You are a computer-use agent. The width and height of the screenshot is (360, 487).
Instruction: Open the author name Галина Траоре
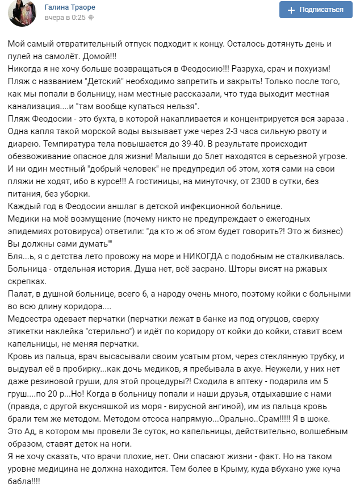[70, 7]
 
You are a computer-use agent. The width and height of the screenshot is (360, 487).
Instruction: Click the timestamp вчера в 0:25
[65, 18]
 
